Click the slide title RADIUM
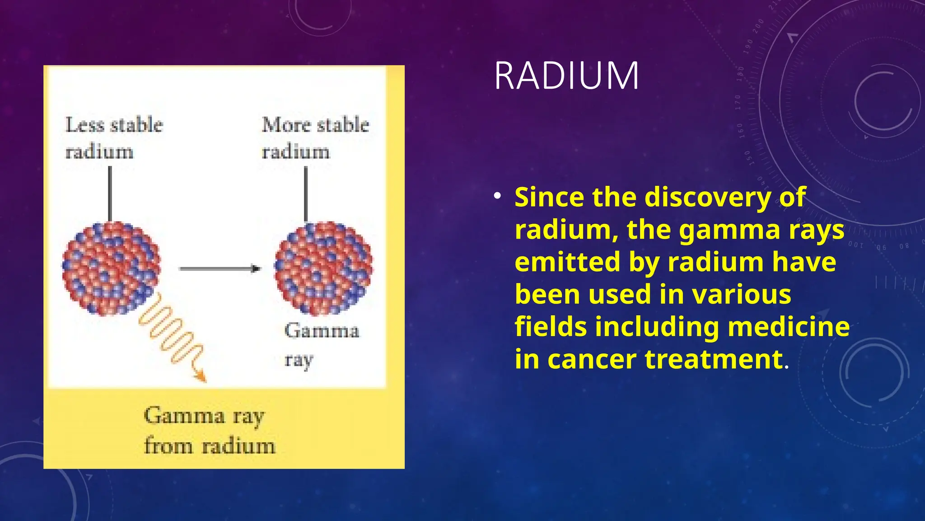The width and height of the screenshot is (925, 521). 566,76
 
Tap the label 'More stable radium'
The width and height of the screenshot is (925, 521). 315,137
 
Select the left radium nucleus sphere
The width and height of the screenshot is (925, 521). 111,268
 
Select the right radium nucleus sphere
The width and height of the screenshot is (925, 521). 323,268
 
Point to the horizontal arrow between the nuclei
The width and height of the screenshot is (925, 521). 220,269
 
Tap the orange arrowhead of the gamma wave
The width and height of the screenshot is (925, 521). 200,376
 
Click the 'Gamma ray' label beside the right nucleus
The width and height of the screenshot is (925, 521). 321,345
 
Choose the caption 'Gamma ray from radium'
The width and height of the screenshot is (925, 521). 209,431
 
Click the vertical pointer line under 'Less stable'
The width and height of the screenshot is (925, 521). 110,194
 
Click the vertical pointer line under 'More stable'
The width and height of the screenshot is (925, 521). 306,194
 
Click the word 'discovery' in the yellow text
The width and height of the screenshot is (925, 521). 708,197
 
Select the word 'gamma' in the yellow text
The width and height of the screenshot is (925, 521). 729,230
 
